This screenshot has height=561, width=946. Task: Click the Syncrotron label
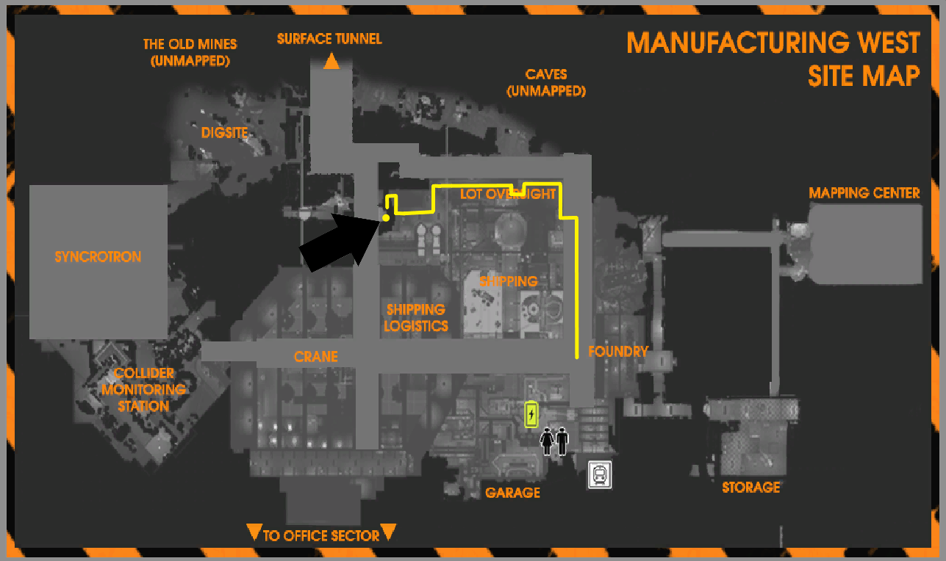[98, 257]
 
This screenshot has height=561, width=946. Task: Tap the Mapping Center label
[864, 193]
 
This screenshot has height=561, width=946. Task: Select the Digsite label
[225, 133]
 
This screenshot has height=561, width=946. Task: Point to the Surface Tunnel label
[329, 39]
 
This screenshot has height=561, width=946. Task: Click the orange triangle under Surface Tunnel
[332, 62]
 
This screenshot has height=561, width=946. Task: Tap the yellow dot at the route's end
[386, 217]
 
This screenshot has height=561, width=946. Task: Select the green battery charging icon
[531, 415]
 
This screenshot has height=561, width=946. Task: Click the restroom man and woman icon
[555, 441]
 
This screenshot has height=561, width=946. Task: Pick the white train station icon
[600, 475]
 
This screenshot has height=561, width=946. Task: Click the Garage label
[512, 493]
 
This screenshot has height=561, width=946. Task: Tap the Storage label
[750, 487]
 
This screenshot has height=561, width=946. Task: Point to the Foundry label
[618, 352]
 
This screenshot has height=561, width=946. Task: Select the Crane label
[316, 357]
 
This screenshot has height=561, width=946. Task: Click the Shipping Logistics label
[416, 318]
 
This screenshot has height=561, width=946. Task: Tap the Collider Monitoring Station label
[145, 389]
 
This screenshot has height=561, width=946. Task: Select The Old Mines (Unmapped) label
[190, 53]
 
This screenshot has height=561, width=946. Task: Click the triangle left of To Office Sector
[254, 532]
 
